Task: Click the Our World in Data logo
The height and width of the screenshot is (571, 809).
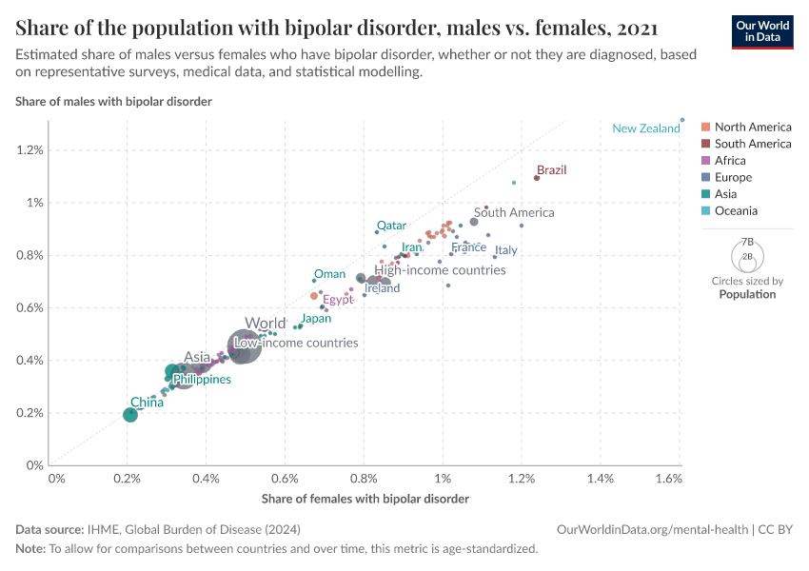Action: click(x=761, y=30)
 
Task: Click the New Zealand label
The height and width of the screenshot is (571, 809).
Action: click(x=645, y=128)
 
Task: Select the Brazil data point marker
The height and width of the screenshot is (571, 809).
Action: click(x=537, y=178)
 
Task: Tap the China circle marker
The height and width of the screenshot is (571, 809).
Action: click(x=130, y=415)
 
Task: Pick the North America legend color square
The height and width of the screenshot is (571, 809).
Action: click(x=705, y=128)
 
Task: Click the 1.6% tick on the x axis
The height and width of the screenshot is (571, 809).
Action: click(x=669, y=476)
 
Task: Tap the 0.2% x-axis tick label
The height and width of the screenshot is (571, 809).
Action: click(x=127, y=476)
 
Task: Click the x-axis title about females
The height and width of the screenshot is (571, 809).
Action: click(x=365, y=498)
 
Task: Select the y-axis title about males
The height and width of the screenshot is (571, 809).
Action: click(x=113, y=101)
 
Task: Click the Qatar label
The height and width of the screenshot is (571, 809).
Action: click(x=391, y=226)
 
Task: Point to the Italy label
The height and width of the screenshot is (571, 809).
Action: click(x=505, y=250)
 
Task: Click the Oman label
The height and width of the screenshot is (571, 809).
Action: click(x=329, y=274)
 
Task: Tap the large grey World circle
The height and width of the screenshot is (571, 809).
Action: click(x=245, y=345)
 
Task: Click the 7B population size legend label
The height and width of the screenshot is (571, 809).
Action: click(x=747, y=243)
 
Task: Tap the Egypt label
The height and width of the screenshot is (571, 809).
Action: click(x=338, y=300)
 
